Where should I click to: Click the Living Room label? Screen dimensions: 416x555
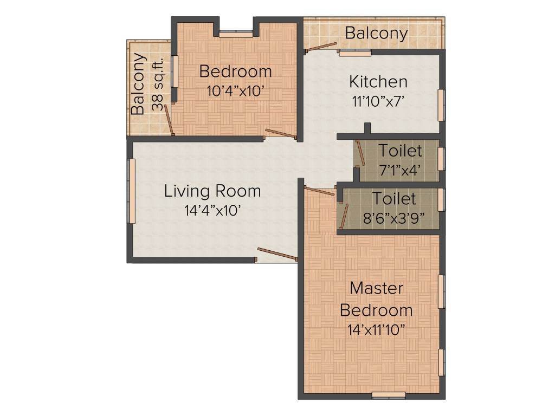[x=212, y=191]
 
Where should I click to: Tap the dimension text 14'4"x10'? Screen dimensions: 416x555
[x=212, y=211]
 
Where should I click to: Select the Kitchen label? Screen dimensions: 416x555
[x=378, y=82]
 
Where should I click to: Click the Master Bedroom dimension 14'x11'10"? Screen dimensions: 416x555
[x=376, y=330]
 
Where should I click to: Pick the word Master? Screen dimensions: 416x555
[x=376, y=288]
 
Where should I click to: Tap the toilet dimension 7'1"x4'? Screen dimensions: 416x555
[x=400, y=169]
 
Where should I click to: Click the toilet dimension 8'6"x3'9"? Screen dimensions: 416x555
[x=393, y=218]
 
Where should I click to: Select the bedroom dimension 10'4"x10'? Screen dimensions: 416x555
[x=235, y=91]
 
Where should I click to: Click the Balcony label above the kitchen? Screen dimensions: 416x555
[x=376, y=33]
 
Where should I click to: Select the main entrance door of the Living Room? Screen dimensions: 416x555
[x=277, y=254]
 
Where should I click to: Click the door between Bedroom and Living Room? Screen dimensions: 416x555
[x=281, y=134]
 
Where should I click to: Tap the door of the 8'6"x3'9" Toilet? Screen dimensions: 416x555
[x=343, y=213]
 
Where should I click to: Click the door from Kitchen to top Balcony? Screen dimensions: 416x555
[x=320, y=48]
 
